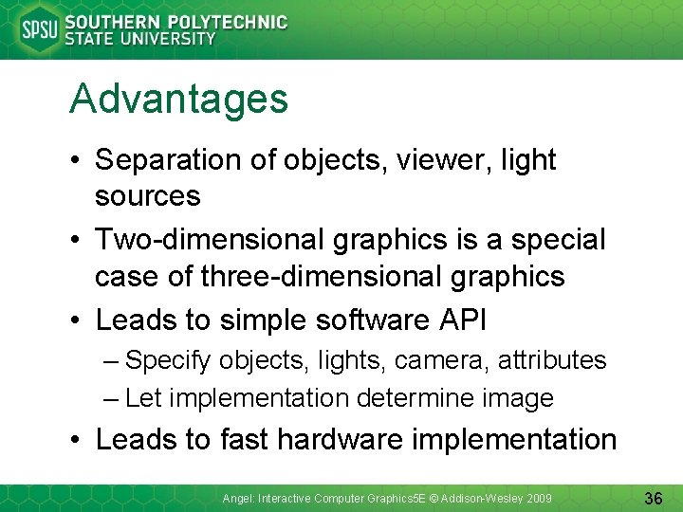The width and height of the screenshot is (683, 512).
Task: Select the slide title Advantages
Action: click(178, 99)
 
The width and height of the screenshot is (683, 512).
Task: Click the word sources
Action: click(147, 196)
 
